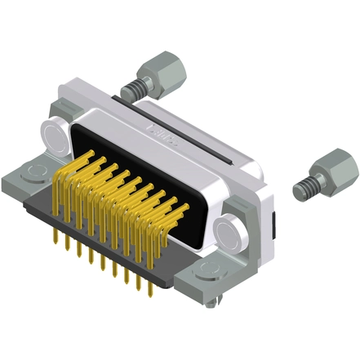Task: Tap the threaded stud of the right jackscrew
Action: (304, 187)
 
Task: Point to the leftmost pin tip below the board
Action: (54, 244)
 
